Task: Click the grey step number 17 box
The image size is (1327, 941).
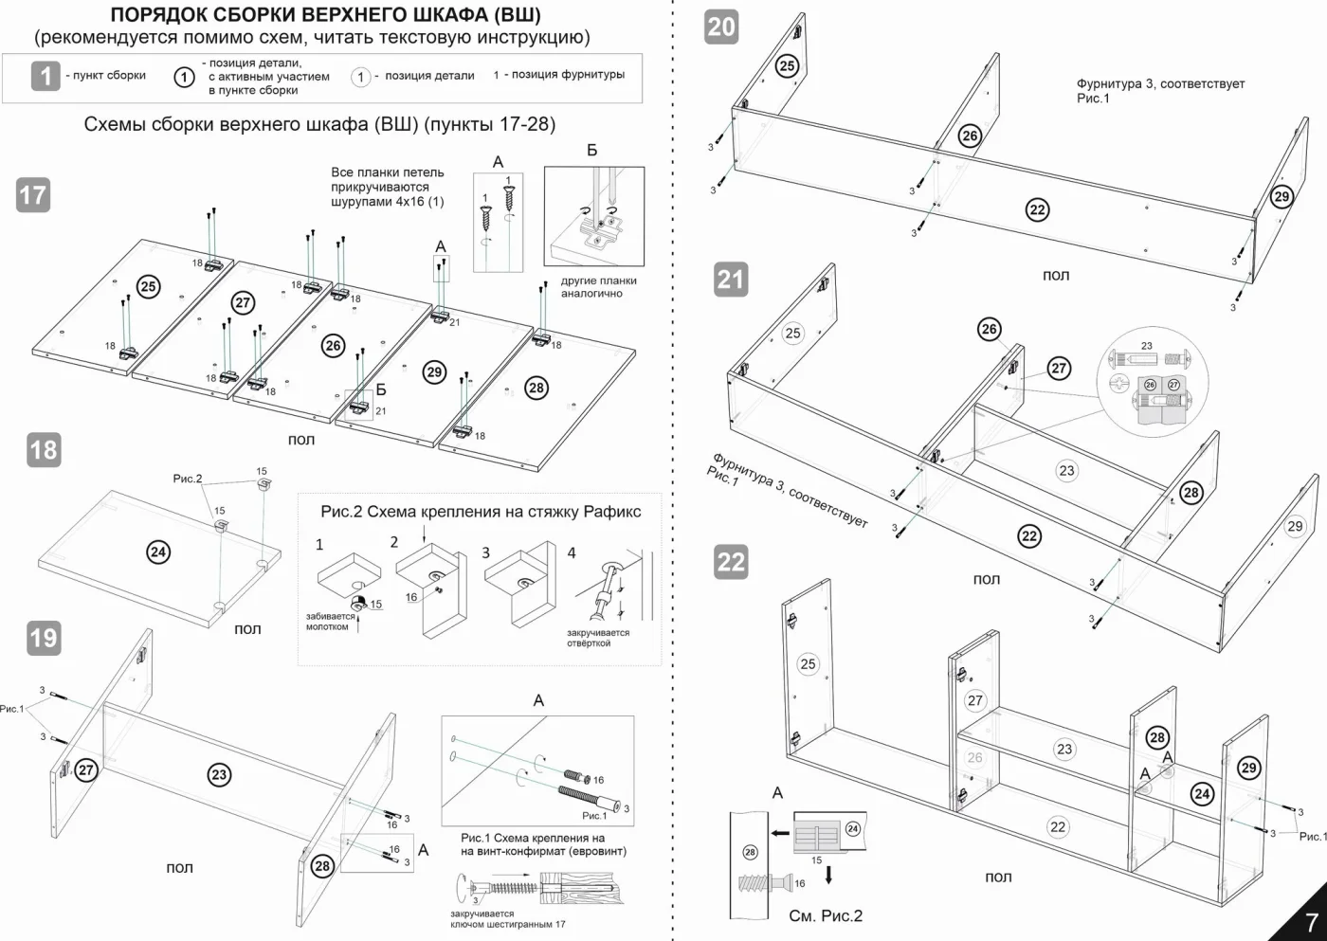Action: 33,195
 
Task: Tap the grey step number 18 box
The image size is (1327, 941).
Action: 44,450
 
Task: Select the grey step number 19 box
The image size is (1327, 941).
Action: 44,638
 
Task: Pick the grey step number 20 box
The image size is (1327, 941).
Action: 721,27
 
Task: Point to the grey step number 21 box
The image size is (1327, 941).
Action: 731,279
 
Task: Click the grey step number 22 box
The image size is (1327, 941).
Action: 731,561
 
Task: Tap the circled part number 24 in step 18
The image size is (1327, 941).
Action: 158,552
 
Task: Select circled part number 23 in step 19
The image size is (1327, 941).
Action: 219,774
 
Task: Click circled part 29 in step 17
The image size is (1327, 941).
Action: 435,372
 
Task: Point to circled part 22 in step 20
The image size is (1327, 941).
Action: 1037,209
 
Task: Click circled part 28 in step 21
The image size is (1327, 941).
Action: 1191,493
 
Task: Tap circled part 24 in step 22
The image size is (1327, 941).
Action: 1202,794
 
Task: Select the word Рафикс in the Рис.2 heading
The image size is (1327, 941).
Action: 612,512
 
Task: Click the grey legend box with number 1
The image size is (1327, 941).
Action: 45,77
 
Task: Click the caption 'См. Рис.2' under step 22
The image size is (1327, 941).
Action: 826,916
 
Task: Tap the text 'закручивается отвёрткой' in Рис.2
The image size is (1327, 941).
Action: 598,638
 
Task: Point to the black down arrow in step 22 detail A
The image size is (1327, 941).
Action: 828,875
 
